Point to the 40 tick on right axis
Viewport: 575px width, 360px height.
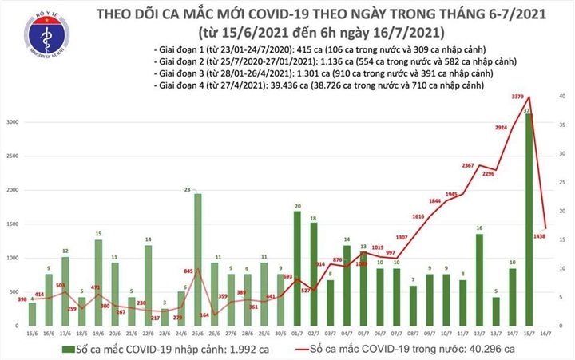[x=562, y=96]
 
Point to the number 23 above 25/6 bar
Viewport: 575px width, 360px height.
[x=186, y=189]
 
